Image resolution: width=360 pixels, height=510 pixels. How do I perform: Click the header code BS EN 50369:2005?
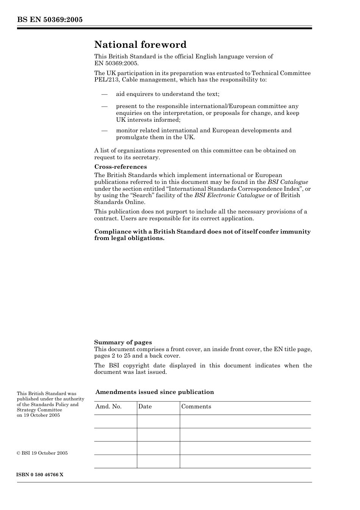point(50,20)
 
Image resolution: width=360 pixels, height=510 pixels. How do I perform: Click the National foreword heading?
point(140,45)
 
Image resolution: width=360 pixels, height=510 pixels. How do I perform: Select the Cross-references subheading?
point(121,167)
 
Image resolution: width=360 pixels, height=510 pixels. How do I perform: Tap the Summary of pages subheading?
point(123,342)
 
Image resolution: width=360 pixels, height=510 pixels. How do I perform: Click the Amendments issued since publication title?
point(155,392)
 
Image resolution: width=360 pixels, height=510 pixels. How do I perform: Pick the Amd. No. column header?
point(108,406)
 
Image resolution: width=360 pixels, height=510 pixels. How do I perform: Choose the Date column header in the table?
point(145,406)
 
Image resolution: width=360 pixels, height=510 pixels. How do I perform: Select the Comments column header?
point(196,406)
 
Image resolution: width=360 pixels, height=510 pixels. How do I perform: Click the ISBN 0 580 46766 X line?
point(40,475)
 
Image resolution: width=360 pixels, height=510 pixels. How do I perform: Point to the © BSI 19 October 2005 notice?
point(42,453)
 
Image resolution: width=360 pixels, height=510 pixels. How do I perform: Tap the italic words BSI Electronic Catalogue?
point(229,195)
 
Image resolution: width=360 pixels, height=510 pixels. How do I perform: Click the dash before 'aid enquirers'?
point(104,94)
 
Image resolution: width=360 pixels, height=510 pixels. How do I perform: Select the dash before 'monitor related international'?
point(104,130)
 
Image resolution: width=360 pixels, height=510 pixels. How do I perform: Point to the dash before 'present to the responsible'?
point(104,106)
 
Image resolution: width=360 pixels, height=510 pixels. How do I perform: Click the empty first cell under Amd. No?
point(115,421)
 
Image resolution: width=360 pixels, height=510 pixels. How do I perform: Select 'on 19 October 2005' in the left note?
point(38,415)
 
